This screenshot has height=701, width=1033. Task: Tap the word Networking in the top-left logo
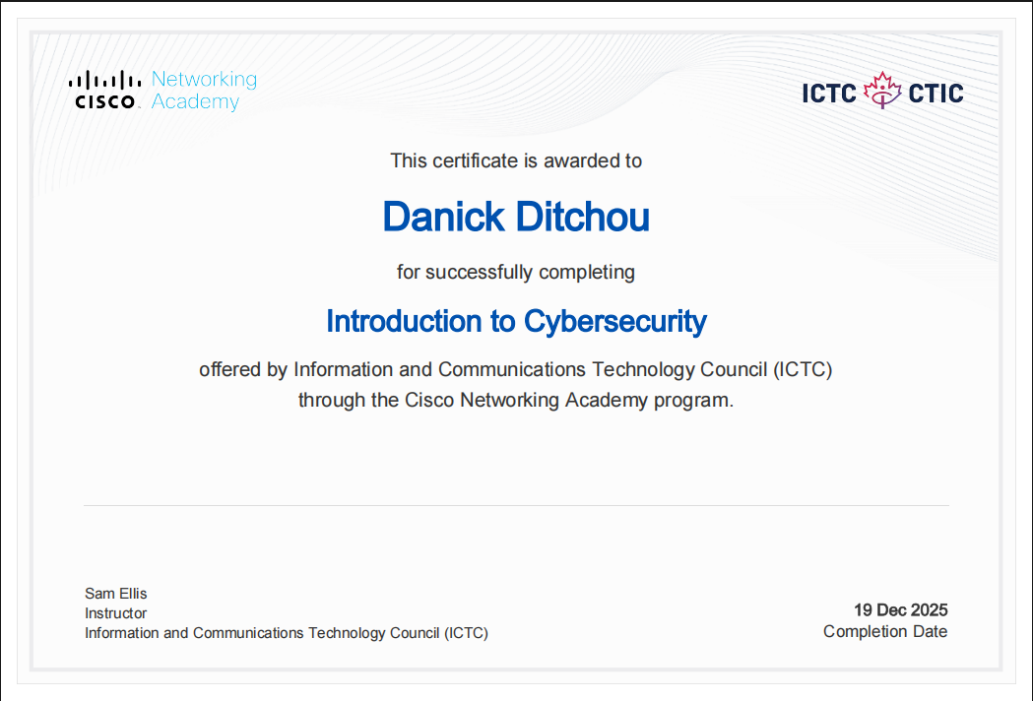click(204, 79)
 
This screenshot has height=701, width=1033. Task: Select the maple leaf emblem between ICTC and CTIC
click(882, 90)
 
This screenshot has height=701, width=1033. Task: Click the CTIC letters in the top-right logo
click(936, 94)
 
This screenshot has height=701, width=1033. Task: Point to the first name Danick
click(436, 218)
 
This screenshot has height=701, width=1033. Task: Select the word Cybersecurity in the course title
click(615, 322)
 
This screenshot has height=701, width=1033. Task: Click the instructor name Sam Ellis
click(116, 594)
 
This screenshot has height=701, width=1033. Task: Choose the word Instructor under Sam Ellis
click(116, 613)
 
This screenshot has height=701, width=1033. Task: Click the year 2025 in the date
click(929, 610)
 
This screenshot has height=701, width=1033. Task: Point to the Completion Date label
click(885, 632)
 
